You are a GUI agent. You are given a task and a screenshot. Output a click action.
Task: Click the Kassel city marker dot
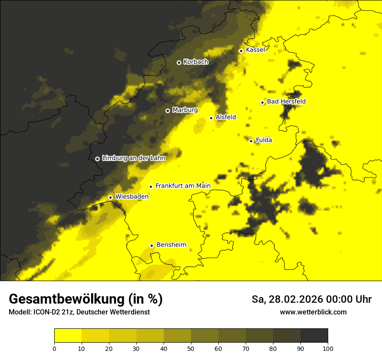(x=241, y=51)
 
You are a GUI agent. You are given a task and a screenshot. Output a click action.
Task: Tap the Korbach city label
(x=196, y=62)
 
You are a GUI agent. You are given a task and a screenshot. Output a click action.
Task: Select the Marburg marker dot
(x=168, y=111)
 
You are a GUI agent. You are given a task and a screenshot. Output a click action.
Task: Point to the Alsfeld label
(x=226, y=117)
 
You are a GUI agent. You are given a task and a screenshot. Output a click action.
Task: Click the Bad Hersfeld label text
(x=286, y=101)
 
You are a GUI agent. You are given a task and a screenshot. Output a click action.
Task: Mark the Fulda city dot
(x=251, y=141)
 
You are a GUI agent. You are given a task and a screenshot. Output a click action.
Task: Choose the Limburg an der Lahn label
(x=133, y=158)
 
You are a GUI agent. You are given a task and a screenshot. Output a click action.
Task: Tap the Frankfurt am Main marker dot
(x=151, y=187)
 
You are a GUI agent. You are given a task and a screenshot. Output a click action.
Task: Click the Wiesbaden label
(x=132, y=196)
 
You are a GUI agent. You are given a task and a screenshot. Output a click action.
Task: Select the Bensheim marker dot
(x=151, y=245)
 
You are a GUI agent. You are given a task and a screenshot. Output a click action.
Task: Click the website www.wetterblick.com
(x=313, y=312)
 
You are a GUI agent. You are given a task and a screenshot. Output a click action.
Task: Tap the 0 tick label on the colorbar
(x=54, y=348)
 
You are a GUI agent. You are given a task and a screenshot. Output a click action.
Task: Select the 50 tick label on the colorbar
(x=191, y=348)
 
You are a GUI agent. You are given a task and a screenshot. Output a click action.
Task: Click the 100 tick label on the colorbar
(x=328, y=348)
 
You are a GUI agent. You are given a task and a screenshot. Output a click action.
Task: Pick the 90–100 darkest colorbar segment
(x=314, y=336)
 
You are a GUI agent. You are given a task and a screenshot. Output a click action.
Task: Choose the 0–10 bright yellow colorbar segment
(x=68, y=336)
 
